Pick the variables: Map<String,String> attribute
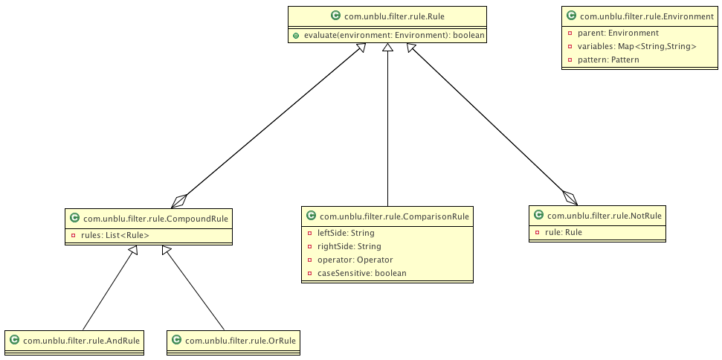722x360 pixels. point(636,46)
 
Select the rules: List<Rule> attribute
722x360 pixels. point(115,236)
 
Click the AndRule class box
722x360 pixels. point(74,341)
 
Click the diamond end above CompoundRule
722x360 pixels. point(178,200)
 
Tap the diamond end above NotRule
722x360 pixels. point(570,197)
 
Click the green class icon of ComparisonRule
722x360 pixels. point(312,216)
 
